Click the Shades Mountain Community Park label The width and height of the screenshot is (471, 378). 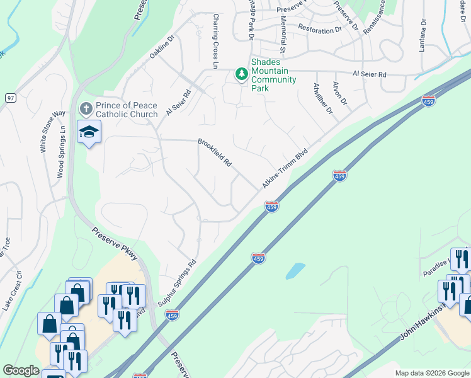click(273, 75)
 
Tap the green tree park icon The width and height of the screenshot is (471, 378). click(241, 74)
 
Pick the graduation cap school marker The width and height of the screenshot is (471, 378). click(89, 132)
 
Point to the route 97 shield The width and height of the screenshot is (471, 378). click(10, 98)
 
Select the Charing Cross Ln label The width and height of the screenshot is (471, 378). click(215, 42)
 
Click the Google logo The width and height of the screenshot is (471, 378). click(21, 370)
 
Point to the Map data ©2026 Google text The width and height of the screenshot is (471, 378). click(431, 373)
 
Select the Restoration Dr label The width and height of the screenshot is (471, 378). click(319, 30)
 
